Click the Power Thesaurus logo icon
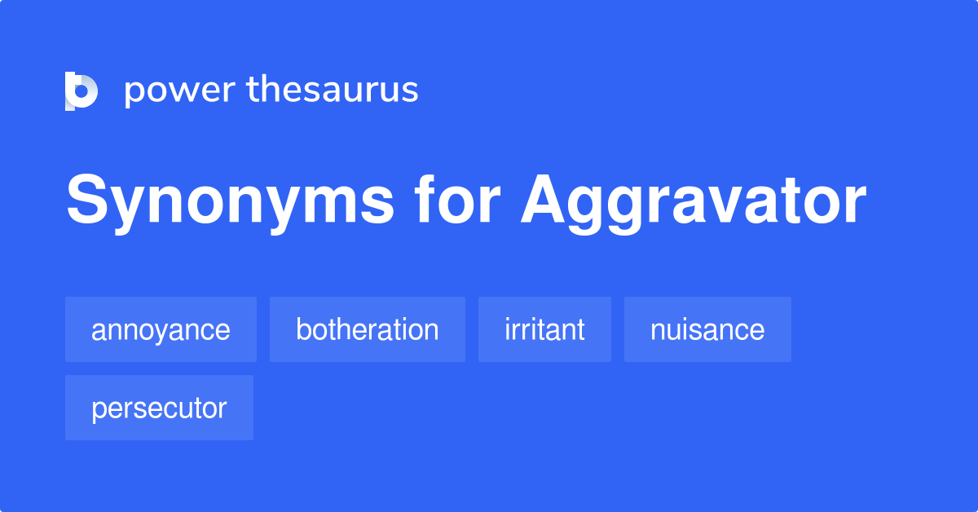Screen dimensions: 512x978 [x=81, y=90]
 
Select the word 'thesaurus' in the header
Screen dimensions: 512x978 [x=333, y=90]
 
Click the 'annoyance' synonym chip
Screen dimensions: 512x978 [x=161, y=330]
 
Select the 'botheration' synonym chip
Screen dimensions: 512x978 [x=368, y=330]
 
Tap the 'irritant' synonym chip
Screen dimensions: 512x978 [x=544, y=330]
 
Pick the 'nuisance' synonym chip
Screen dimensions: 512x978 [x=707, y=330]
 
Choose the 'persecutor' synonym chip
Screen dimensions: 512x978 [x=159, y=408]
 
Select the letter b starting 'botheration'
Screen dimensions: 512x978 [x=303, y=329]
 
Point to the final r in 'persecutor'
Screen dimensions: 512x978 [x=222, y=410]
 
